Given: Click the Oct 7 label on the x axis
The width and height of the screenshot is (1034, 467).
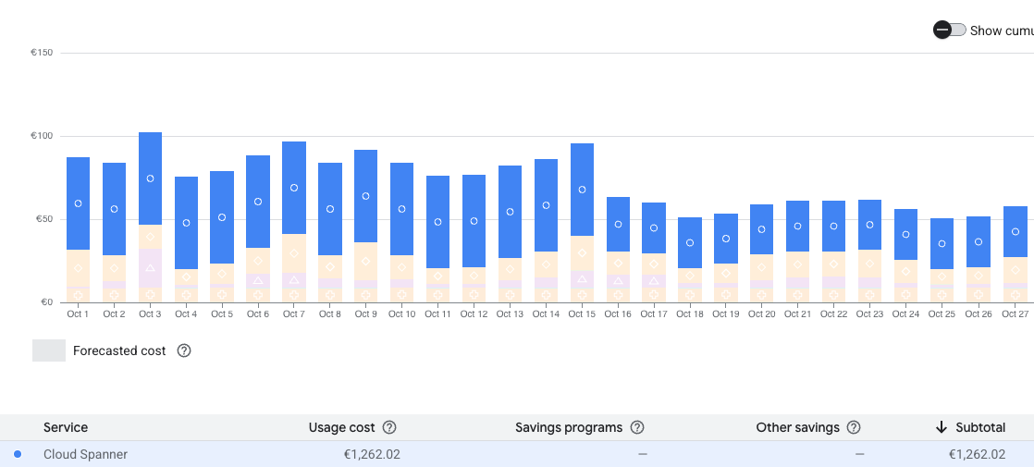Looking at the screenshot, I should (x=293, y=314).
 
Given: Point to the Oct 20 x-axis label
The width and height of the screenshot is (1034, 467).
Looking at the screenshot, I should (x=762, y=314).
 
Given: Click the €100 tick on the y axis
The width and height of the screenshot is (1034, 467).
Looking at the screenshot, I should (x=42, y=136).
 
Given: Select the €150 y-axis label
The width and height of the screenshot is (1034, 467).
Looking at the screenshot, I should (x=42, y=53).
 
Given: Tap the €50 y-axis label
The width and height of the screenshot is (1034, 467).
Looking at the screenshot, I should (x=43, y=219).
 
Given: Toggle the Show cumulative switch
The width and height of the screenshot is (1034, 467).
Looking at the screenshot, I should (x=950, y=31).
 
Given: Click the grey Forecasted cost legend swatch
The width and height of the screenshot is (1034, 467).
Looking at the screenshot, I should (x=49, y=350).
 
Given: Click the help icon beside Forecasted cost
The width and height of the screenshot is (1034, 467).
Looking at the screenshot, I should (x=184, y=350).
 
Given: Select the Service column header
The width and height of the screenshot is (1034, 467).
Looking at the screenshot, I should (x=66, y=427).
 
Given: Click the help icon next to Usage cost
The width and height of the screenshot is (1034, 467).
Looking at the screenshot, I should (x=389, y=427).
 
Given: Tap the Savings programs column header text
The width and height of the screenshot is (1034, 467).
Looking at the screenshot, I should (x=568, y=427).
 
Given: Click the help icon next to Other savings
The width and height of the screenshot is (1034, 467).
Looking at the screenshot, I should (x=854, y=427).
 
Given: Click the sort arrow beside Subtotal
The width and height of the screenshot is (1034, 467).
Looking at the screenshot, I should (x=942, y=427).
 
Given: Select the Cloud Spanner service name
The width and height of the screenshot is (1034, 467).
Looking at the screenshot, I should (x=85, y=454).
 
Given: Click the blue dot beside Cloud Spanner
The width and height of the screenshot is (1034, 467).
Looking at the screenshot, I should (x=18, y=454).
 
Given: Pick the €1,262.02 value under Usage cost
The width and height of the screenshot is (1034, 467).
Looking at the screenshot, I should (x=371, y=454).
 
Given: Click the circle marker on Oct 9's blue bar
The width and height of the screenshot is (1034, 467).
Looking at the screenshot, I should (x=366, y=196).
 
